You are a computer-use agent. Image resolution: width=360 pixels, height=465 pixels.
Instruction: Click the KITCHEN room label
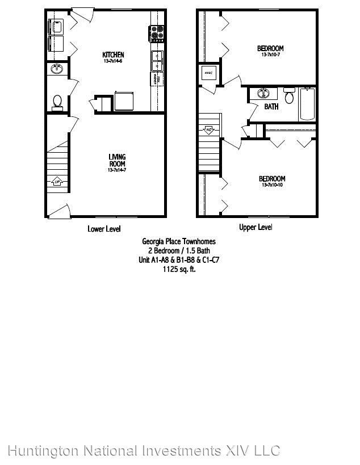(113, 55)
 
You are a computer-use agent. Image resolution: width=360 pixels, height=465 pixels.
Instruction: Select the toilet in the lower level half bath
(57, 101)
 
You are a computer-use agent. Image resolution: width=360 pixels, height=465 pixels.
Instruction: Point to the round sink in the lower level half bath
(56, 69)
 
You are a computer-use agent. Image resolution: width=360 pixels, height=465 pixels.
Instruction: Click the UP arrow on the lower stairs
(57, 182)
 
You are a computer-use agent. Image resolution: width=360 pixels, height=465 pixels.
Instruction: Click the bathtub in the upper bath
(307, 104)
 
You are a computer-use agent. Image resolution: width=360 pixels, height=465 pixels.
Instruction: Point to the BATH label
(271, 106)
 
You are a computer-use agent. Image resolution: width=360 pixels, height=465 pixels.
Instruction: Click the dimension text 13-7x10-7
(270, 56)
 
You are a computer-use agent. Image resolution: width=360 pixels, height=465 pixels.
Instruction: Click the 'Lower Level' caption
(104, 229)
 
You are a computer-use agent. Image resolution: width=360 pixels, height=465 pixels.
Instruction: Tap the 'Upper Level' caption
(255, 228)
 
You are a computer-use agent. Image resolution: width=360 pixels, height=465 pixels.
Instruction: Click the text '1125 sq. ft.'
(179, 270)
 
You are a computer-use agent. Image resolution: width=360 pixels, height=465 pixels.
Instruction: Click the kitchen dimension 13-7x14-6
(113, 61)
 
